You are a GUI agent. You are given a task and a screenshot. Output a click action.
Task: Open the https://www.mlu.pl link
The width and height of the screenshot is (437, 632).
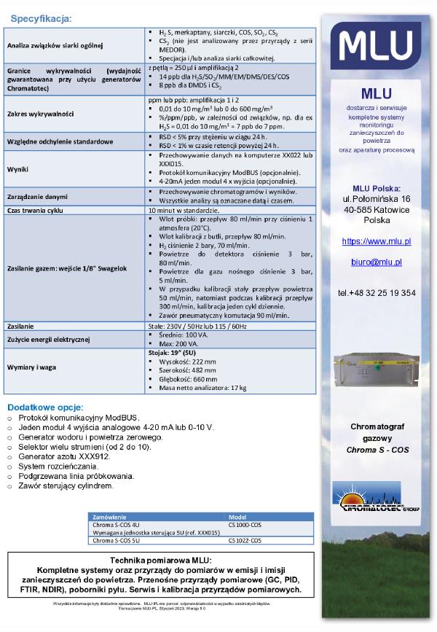coord(377,241)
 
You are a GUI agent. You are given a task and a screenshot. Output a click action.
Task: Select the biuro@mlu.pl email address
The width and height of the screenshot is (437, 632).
coord(377,262)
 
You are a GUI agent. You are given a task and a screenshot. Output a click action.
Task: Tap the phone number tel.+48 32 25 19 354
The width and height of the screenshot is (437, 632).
coord(377,293)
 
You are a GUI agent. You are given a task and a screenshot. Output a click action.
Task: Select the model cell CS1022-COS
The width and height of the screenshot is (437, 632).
coord(245,540)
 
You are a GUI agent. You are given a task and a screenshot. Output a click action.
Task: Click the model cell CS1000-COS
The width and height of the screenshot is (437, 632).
coord(245,524)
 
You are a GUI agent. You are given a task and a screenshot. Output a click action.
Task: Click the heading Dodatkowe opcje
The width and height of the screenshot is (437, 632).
coord(45,406)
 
